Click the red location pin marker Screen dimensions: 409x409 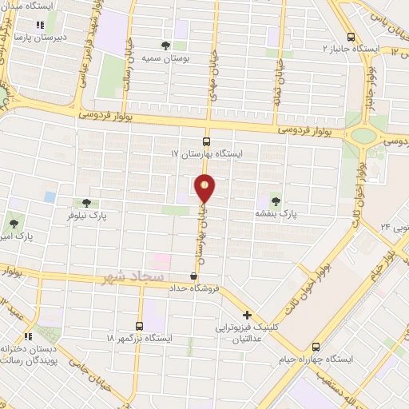205,189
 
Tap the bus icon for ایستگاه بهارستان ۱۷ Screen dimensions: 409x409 207,140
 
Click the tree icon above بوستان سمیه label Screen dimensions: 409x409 165,46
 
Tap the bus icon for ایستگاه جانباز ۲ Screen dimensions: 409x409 351,37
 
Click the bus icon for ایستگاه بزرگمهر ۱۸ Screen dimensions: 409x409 140,326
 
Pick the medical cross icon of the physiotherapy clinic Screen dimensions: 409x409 248,315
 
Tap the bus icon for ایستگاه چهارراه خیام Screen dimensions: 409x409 317,347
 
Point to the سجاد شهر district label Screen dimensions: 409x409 134,277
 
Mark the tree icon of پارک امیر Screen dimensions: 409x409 13,223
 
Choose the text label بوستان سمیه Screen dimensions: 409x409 167,58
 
